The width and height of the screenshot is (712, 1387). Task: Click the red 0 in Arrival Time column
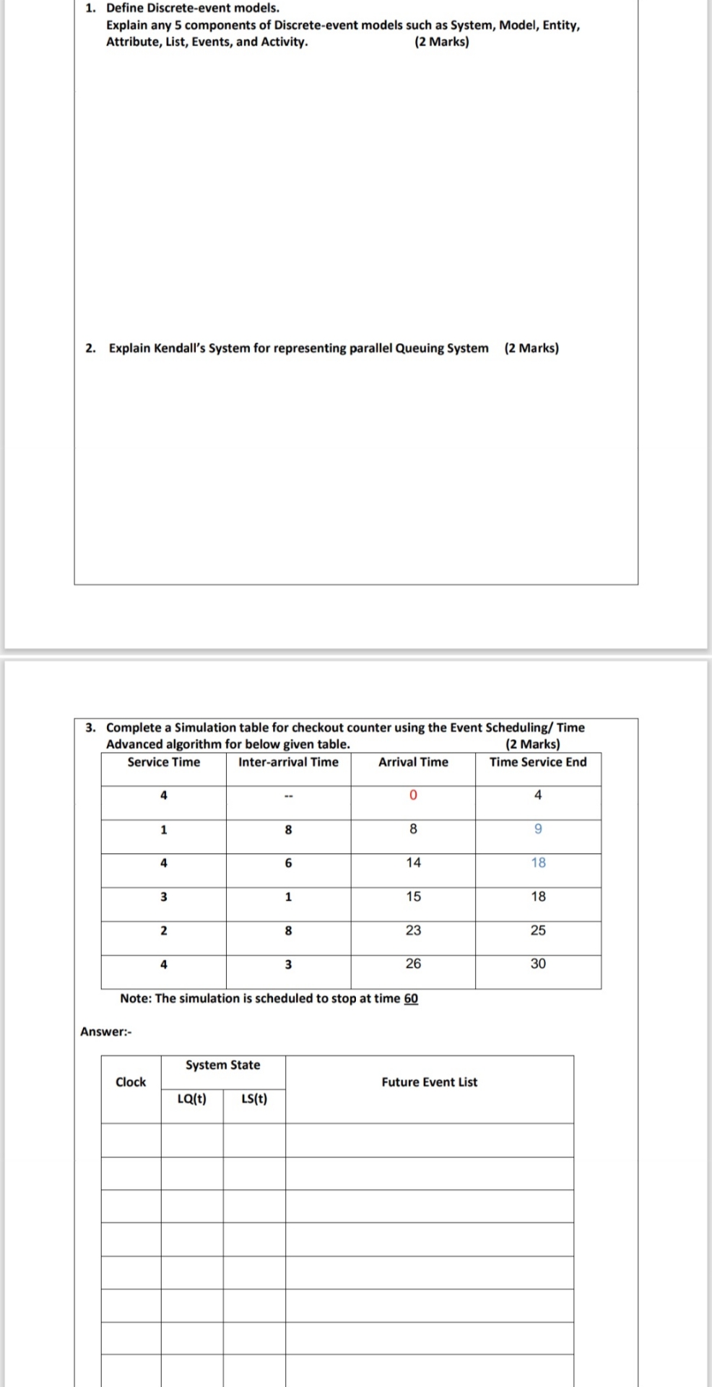point(413,795)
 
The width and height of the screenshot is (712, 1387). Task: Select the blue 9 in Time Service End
point(538,829)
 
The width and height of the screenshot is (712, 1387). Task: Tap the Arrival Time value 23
point(413,930)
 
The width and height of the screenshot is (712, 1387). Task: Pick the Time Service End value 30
point(538,964)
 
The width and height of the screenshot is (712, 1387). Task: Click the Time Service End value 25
point(538,930)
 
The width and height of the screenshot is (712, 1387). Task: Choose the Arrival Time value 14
point(413,863)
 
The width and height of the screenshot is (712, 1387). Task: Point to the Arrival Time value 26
point(413,964)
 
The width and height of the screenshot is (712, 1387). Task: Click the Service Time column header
point(164,762)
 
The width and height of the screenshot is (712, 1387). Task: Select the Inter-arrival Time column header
point(288,762)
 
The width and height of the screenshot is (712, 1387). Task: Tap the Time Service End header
point(538,762)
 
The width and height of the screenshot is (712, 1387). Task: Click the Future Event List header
point(430,1082)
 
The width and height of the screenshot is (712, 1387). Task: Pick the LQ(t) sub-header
point(192,1099)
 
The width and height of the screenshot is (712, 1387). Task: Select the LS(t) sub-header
point(254,1099)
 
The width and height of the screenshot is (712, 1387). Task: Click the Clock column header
point(131,1082)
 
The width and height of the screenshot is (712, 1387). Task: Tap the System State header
point(222,1065)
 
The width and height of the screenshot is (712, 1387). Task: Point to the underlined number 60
point(411,998)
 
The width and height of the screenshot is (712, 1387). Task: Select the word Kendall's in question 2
point(180,348)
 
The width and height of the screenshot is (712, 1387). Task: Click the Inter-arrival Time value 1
point(288,896)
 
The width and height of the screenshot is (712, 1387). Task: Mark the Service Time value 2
point(163,930)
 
